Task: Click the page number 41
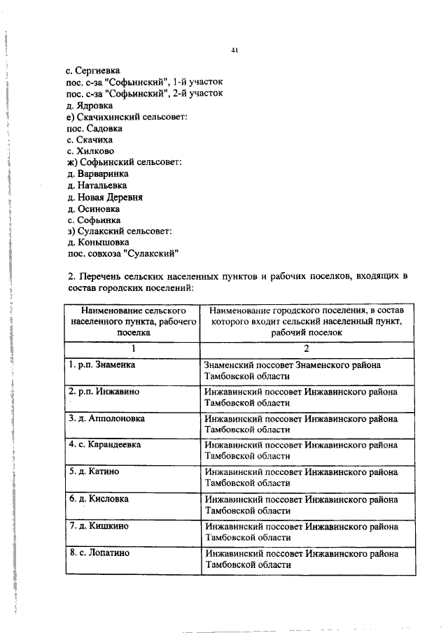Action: click(235, 50)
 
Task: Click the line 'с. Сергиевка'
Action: click(93, 71)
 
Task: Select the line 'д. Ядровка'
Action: click(90, 105)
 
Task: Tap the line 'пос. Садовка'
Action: click(94, 128)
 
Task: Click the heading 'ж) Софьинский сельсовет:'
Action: click(124, 162)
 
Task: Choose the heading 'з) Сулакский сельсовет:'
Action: click(120, 231)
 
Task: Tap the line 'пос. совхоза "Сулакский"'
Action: click(123, 253)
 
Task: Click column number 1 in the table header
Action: click(132, 348)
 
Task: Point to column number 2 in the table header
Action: click(307, 348)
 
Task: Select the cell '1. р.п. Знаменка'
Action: click(102, 365)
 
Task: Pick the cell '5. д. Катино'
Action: click(94, 471)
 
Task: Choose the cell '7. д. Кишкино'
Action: click(97, 525)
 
